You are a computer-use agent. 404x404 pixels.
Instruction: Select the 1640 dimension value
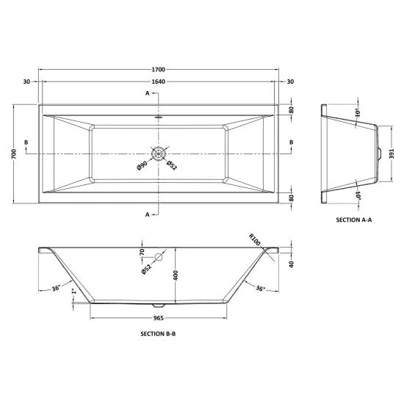point(159,82)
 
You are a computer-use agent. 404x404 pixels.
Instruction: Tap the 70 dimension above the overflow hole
point(143,253)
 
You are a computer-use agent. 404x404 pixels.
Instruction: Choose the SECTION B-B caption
point(158,333)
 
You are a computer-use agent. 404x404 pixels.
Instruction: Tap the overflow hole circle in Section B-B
point(158,257)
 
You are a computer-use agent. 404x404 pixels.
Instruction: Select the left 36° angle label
point(57,288)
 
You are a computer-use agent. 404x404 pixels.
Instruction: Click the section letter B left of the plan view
point(26,142)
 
